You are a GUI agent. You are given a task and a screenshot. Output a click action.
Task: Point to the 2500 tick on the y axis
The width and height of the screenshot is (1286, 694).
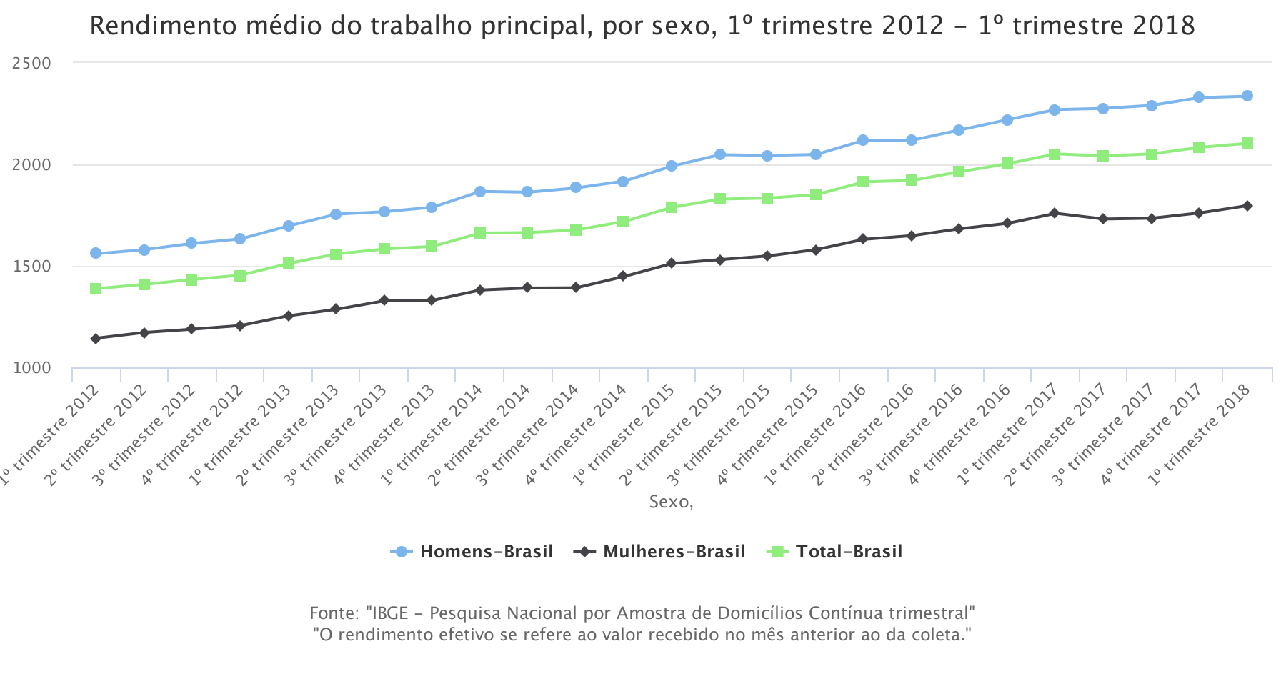(32, 63)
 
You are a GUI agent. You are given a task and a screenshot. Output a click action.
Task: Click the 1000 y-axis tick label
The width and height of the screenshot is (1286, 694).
(32, 368)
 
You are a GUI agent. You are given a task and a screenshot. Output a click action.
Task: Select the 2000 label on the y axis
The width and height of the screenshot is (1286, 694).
(32, 165)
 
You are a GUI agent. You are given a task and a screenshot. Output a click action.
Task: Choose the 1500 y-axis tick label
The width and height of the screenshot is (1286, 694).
(32, 267)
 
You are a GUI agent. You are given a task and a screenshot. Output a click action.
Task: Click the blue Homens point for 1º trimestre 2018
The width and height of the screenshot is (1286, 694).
(1247, 96)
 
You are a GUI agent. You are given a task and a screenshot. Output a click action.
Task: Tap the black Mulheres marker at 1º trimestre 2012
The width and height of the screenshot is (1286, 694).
(96, 338)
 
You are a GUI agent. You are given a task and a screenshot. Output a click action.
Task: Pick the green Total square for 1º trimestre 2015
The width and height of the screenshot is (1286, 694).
(672, 207)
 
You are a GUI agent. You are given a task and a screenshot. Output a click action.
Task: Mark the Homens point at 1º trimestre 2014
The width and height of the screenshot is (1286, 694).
(480, 192)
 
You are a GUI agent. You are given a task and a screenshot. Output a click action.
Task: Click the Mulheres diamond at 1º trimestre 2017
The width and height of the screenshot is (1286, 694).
(1055, 213)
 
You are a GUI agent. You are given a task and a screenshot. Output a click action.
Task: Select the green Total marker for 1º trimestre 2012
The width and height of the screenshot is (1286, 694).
(96, 289)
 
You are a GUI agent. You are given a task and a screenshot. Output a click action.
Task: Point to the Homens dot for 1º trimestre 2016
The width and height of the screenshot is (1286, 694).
(863, 140)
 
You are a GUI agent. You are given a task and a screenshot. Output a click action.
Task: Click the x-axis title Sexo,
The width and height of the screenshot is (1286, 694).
(671, 502)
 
